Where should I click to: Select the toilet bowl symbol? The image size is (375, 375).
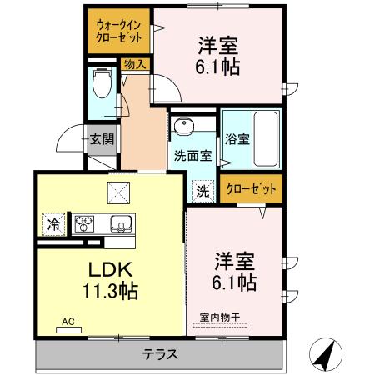[x=102, y=84]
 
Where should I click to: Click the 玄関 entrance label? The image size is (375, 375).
[x=102, y=139]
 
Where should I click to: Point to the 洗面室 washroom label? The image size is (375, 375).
[x=192, y=155]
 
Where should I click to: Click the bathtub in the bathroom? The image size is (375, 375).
[x=267, y=137]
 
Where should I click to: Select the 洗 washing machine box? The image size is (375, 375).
[x=202, y=190]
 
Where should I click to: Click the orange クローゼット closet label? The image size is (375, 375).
[x=251, y=189]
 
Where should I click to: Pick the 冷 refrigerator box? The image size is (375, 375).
[x=53, y=224]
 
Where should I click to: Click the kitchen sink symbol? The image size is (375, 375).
[x=120, y=223]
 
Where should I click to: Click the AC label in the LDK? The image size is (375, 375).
[x=67, y=321]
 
